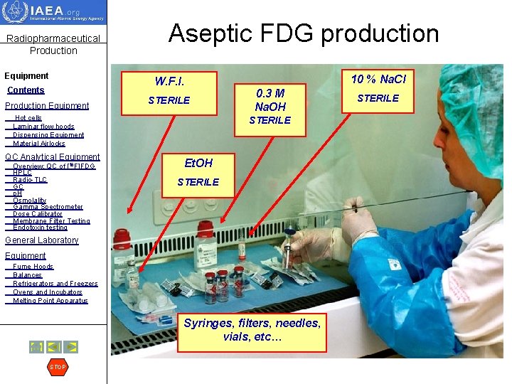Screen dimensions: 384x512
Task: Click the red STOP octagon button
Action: [x=58, y=367]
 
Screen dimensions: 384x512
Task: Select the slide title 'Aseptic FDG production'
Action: [x=304, y=33]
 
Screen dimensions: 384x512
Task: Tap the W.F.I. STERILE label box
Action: [x=169, y=91]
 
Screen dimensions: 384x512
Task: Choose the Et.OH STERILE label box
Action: [x=198, y=172]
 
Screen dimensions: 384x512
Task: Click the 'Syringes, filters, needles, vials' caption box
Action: [x=252, y=330]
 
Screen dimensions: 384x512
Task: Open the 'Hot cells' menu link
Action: [x=28, y=118]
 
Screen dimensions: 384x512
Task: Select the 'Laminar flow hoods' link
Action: [x=43, y=127]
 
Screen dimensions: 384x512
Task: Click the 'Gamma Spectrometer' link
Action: [x=48, y=207]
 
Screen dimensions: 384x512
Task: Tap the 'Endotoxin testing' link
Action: [x=40, y=228]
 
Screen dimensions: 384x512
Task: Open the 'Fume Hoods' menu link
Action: [x=33, y=267]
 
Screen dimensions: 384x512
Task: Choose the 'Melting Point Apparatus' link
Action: [x=50, y=301]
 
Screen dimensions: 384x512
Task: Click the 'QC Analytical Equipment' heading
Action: [x=53, y=157]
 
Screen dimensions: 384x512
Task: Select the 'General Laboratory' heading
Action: [x=41, y=240]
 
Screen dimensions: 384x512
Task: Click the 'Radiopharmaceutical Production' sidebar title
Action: [x=53, y=44]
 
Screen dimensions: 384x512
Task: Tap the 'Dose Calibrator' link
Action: [x=38, y=214]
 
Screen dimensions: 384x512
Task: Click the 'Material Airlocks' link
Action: [x=38, y=144]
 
